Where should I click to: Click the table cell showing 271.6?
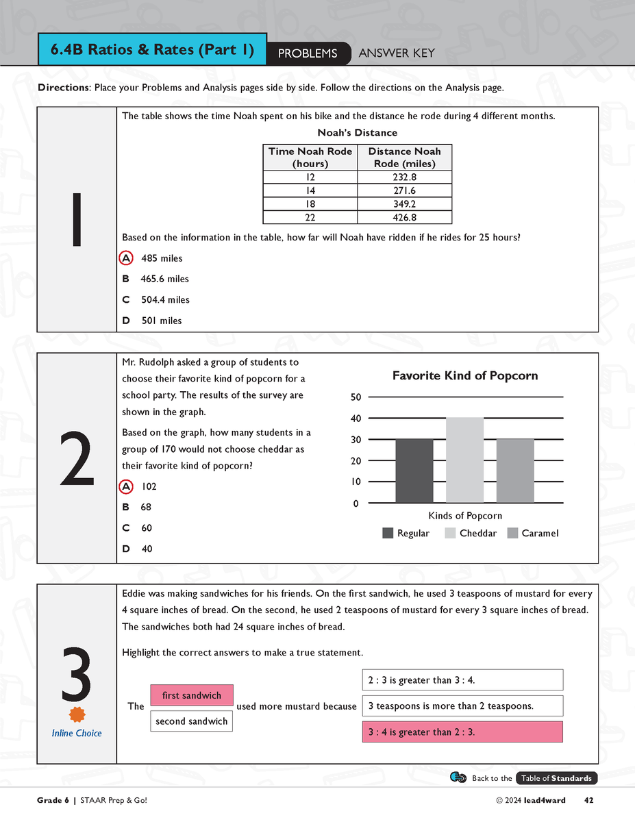tap(404, 191)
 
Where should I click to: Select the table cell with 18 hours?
tap(310, 204)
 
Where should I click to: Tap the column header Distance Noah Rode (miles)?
tap(404, 158)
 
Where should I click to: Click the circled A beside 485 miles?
tap(126, 258)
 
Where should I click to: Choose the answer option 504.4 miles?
tap(164, 300)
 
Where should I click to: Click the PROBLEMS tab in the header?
tap(308, 53)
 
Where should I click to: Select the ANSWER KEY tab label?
tap(397, 53)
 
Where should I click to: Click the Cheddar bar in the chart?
tap(464, 460)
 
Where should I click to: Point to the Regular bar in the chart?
tap(414, 471)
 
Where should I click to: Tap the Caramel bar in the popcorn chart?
tap(514, 471)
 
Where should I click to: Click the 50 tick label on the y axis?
tap(355, 397)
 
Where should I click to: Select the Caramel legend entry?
tap(533, 534)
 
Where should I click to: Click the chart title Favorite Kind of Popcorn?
tap(465, 375)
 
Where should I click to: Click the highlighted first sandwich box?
tap(191, 695)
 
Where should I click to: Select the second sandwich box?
tap(191, 721)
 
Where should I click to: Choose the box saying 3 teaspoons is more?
tap(462, 706)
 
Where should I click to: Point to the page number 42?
tap(589, 800)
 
